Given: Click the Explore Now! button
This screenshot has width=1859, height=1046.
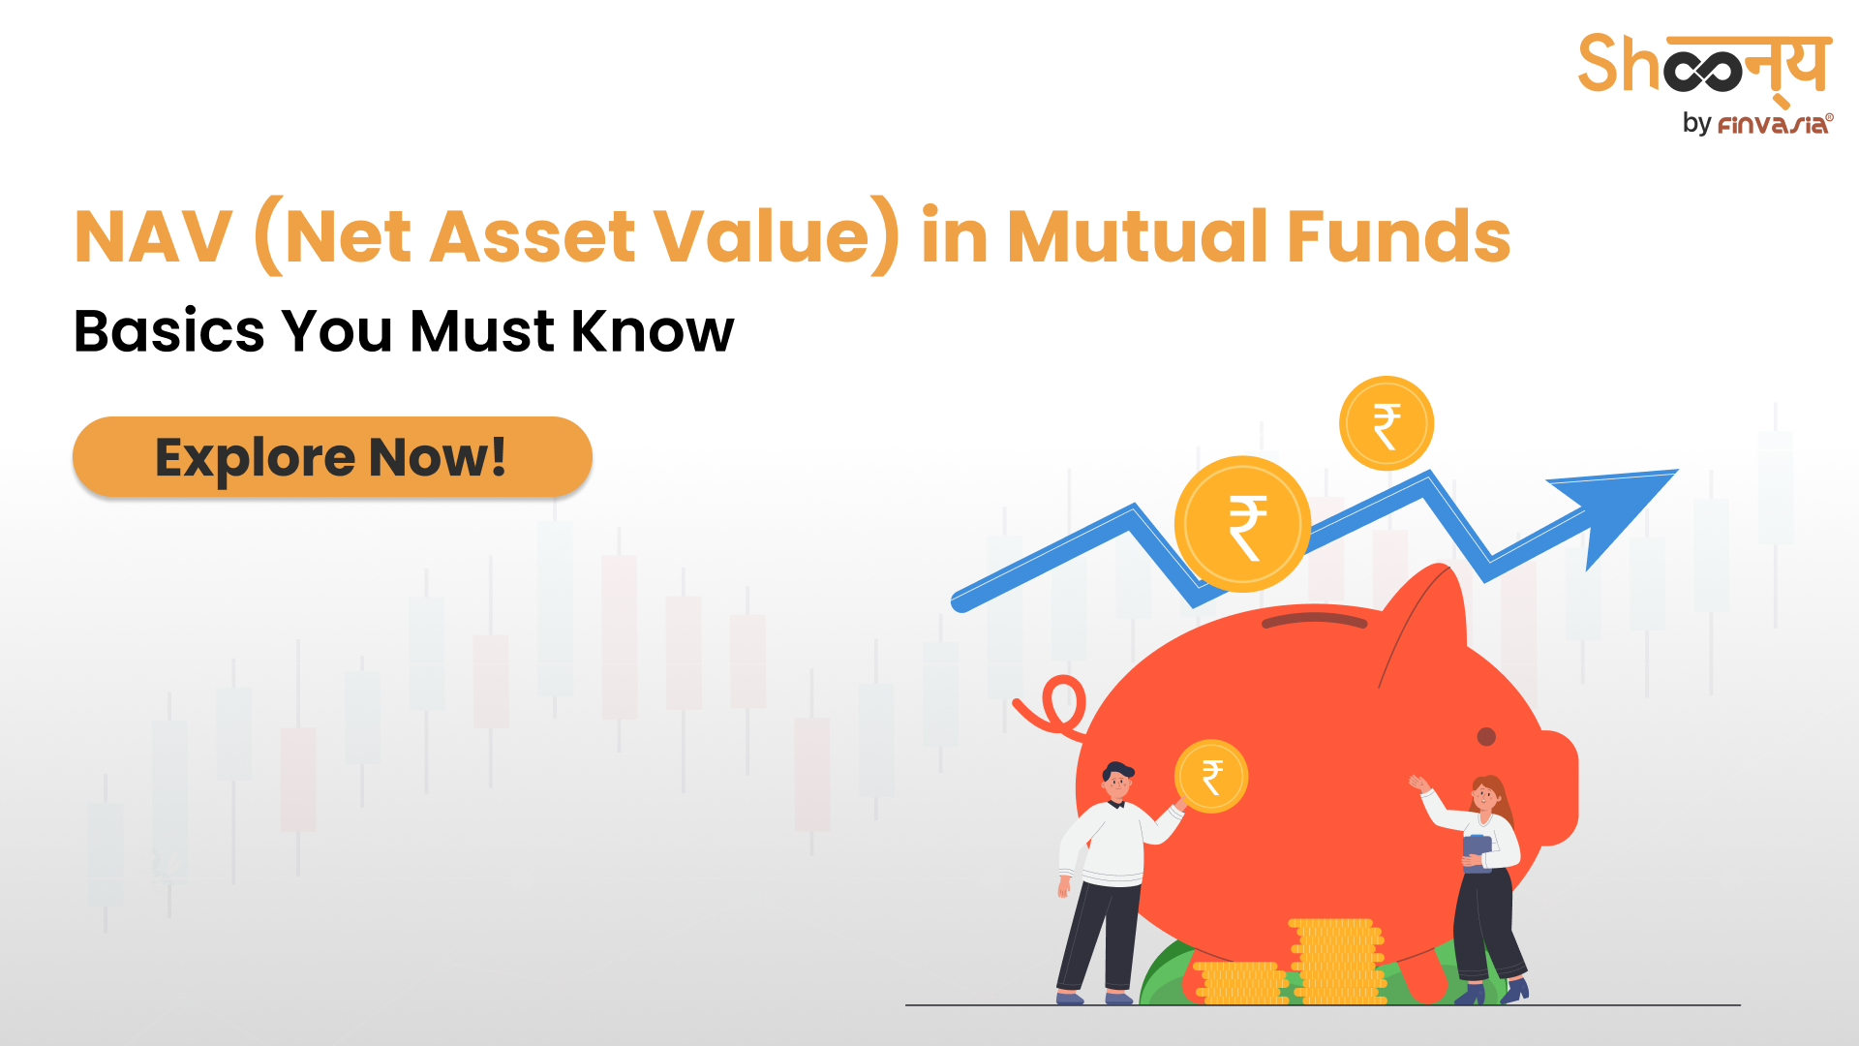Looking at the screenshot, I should (332, 457).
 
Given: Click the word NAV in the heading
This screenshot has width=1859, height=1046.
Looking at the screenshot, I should (153, 237).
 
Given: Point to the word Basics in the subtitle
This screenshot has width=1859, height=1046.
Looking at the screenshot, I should (168, 331).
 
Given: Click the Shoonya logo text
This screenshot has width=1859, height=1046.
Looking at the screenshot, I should (1704, 66).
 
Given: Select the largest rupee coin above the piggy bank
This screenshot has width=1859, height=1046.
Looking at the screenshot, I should (1243, 524).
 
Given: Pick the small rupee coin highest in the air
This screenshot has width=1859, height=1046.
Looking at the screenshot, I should (1387, 424).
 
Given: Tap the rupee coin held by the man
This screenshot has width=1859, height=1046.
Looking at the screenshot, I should (1211, 776).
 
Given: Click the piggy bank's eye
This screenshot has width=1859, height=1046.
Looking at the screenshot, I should (1486, 737).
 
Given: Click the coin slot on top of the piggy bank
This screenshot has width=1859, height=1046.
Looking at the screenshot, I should (1314, 618).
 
